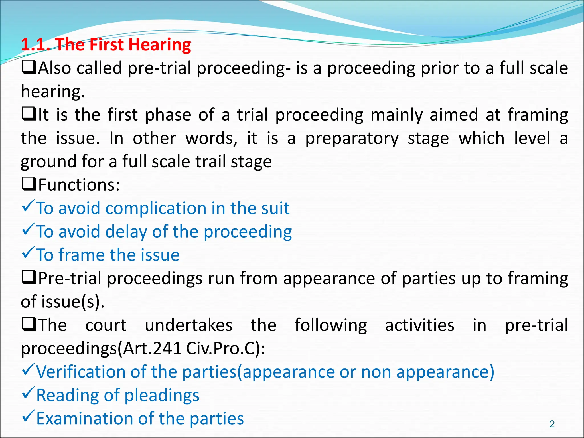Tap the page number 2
pos(552,424)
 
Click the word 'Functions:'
pos(79,185)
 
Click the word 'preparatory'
pos(352,139)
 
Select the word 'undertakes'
pos(188,325)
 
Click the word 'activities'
pos(419,325)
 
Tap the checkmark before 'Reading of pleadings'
pos(28,393)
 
